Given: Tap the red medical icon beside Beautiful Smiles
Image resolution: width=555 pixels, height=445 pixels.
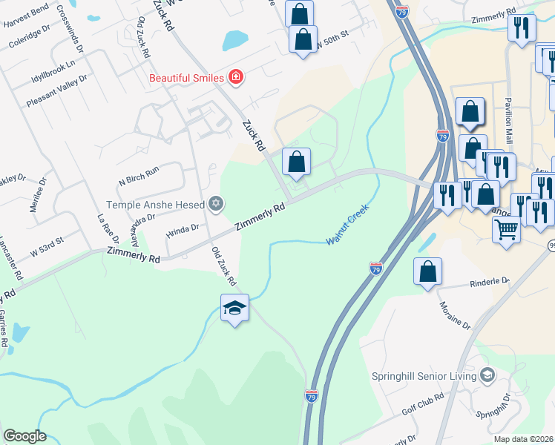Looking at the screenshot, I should point(236,76).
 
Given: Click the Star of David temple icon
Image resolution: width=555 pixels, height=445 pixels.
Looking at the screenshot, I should point(216,202).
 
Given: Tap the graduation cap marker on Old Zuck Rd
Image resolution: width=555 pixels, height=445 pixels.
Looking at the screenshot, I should point(234,308).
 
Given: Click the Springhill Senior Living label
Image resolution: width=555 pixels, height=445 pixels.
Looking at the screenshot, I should point(424,376).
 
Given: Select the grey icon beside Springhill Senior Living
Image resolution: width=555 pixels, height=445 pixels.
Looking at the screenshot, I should point(487,375).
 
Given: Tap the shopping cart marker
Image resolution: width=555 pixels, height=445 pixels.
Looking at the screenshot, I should point(507,229).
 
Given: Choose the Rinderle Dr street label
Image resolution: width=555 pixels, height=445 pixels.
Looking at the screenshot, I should point(490,282).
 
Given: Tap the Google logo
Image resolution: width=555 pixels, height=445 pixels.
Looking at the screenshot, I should point(24,436).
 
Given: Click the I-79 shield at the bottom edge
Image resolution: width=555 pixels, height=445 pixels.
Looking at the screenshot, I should point(312,398).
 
